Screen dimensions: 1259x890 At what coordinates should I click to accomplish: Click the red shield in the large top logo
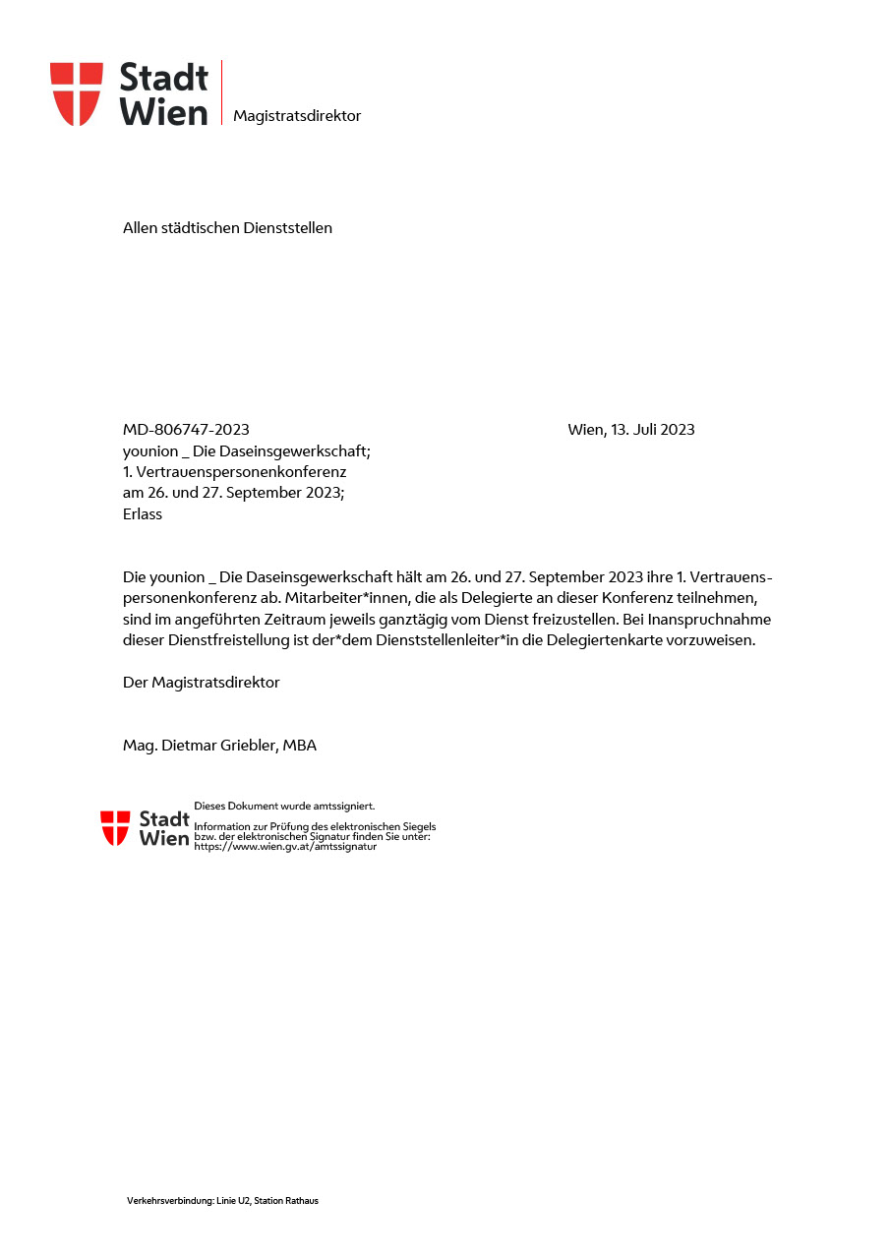(77, 93)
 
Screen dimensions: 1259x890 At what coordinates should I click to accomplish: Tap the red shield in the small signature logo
(115, 827)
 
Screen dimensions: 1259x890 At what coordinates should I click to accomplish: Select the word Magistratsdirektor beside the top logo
(297, 116)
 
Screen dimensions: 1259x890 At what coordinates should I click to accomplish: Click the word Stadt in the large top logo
(163, 77)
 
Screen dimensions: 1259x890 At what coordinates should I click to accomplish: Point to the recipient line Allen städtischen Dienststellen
(227, 228)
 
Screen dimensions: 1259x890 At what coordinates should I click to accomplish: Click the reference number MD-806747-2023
(186, 430)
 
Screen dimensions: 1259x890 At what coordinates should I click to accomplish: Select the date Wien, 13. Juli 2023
(630, 430)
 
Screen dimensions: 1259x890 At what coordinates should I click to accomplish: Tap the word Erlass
(143, 514)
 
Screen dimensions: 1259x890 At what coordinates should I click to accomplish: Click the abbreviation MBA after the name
(299, 746)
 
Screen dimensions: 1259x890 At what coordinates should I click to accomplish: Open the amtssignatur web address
(285, 846)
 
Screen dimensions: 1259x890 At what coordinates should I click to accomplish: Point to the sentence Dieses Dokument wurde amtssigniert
(284, 807)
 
